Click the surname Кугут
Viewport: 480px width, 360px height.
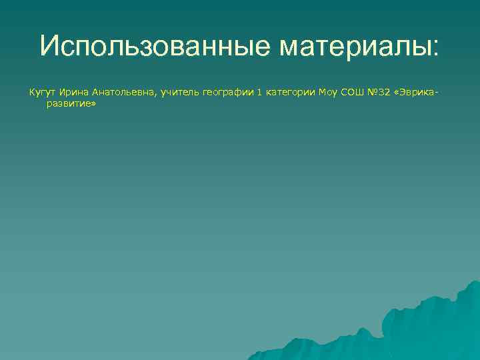(x=41, y=93)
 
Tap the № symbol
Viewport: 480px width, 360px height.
(x=371, y=93)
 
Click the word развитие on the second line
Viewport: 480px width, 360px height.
(x=69, y=105)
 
